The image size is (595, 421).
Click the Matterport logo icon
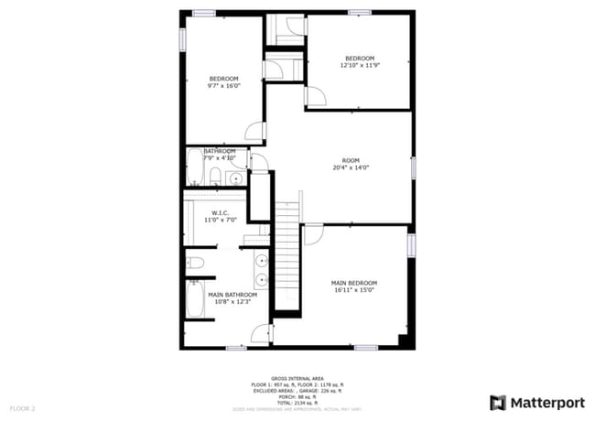click(498, 402)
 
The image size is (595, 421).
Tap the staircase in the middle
click(288, 256)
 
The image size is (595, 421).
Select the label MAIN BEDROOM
click(354, 283)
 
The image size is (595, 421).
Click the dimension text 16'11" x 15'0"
click(354, 292)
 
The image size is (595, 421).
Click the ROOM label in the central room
click(351, 159)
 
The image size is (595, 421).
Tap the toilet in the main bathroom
click(194, 264)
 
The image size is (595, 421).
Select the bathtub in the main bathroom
click(196, 299)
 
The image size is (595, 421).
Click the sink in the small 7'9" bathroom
click(235, 178)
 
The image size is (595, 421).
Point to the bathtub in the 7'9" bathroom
click(194, 168)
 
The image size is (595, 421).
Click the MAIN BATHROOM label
click(220, 295)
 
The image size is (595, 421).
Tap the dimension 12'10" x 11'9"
click(360, 66)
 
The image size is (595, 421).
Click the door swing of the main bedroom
click(312, 234)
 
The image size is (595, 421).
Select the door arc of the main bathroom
click(261, 333)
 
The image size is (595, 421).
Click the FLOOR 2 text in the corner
click(22, 407)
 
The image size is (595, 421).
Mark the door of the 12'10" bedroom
click(314, 96)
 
